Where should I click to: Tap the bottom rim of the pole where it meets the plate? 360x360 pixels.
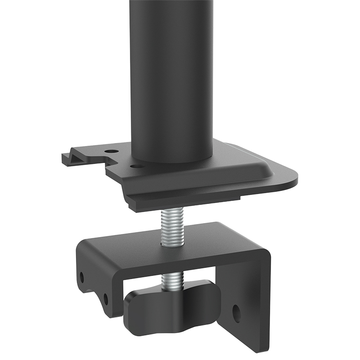(171, 159)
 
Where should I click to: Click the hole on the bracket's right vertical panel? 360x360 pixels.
(236, 314)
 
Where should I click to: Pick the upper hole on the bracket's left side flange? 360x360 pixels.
(82, 275)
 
